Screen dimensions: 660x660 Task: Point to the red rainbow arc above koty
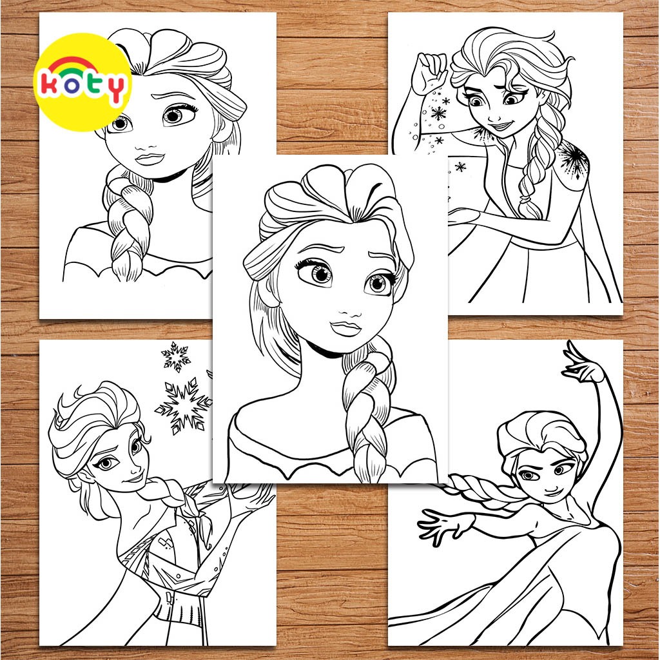pyautogui.click(x=82, y=62)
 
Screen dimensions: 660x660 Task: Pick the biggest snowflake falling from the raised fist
pyautogui.click(x=438, y=113)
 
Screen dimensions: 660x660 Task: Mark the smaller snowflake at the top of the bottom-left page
pyautogui.click(x=175, y=356)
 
